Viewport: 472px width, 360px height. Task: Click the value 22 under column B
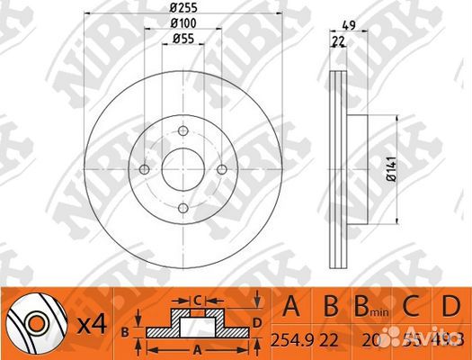331,339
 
